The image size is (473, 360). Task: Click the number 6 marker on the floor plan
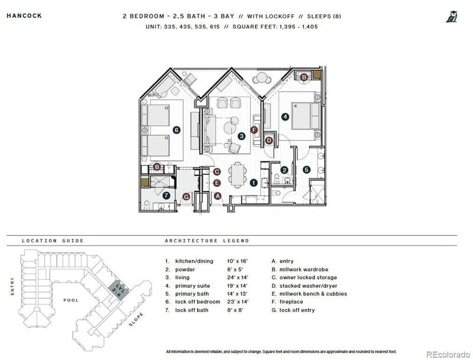coord(176,129)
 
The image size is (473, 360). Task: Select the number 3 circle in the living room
coord(241,136)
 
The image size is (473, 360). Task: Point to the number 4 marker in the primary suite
coord(286,117)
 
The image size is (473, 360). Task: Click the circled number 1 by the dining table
coord(253,183)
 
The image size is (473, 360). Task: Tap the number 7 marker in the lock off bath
coord(167,194)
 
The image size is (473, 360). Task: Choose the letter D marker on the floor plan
coord(268,140)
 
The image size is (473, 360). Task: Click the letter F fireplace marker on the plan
coord(254,129)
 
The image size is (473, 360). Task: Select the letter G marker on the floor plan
coord(186,197)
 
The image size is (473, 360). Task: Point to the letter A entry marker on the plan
coord(218,195)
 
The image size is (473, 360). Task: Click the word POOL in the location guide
coord(71,300)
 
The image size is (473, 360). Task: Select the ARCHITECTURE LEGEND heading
coord(206,241)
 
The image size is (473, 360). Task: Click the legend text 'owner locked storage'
coord(307,277)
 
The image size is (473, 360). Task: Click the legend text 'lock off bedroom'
coord(197,302)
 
